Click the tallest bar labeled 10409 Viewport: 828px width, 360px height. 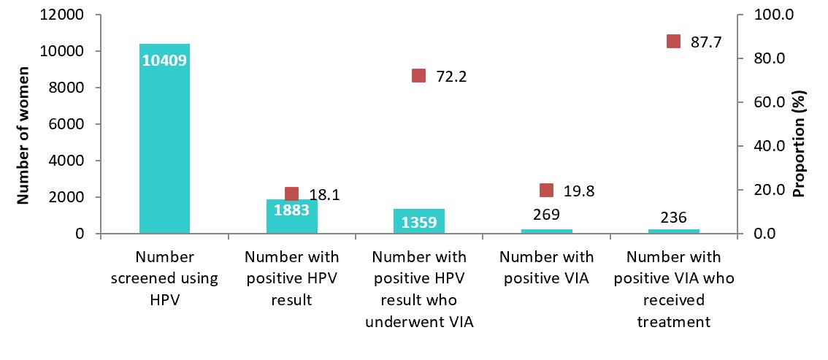click(164, 139)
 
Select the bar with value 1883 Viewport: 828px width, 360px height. click(291, 216)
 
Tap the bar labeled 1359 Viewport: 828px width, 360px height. click(418, 221)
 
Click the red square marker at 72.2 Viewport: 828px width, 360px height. click(418, 75)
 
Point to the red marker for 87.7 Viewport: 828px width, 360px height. click(673, 42)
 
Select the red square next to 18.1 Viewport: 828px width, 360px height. click(291, 194)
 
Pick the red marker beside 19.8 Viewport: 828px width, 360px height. click(546, 190)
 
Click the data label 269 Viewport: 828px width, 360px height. click(546, 215)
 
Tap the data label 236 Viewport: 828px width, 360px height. click(673, 217)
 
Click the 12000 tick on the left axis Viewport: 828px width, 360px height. click(61, 15)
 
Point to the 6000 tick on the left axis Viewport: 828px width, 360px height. click(66, 125)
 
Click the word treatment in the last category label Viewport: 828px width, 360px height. click(673, 321)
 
